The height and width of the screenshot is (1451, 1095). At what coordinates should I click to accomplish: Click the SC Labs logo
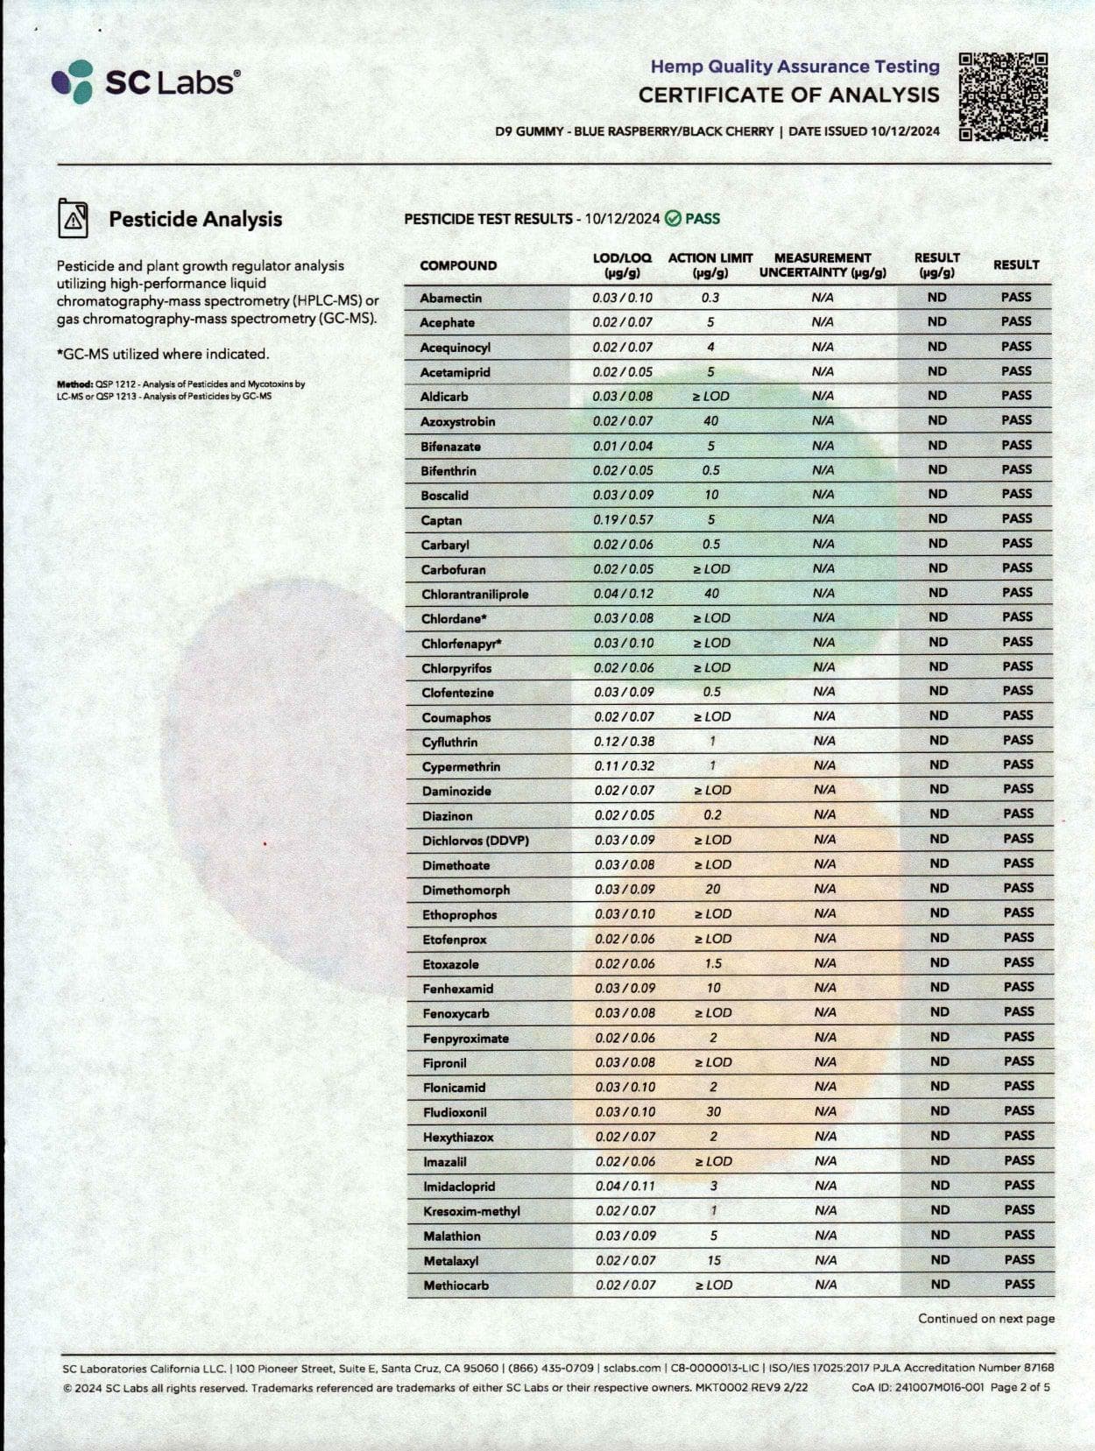click(145, 82)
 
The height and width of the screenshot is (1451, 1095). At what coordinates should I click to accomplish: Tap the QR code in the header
click(1003, 96)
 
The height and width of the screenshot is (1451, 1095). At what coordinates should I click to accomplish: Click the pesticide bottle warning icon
click(73, 218)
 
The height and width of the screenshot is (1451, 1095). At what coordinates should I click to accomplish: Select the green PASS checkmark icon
click(673, 219)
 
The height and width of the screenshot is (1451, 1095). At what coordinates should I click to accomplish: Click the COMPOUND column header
click(458, 265)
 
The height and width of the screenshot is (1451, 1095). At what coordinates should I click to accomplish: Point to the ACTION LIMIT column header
click(710, 264)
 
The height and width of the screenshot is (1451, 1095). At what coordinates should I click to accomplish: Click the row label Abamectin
click(450, 298)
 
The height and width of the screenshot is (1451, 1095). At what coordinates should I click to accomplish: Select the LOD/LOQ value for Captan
click(623, 519)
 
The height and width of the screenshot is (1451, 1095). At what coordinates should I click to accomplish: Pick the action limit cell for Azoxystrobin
click(710, 421)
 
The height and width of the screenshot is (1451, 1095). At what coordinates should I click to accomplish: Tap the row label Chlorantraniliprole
click(475, 594)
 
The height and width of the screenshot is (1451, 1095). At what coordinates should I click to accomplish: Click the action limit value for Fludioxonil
click(713, 1111)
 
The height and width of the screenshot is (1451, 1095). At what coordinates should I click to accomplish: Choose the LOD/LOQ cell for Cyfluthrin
click(624, 741)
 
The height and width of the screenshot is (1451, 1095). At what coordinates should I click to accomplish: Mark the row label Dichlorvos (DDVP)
click(475, 841)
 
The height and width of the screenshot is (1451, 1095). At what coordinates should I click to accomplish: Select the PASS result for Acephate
click(1016, 321)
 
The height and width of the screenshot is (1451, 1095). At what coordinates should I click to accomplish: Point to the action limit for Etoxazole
click(713, 963)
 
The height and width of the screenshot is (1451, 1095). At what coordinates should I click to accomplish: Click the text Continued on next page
click(985, 1319)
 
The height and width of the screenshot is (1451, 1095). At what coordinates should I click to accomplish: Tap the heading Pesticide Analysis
click(195, 219)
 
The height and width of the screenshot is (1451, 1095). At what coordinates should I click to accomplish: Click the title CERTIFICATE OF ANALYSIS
click(788, 95)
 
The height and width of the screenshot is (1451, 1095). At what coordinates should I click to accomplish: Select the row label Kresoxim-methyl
click(471, 1211)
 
